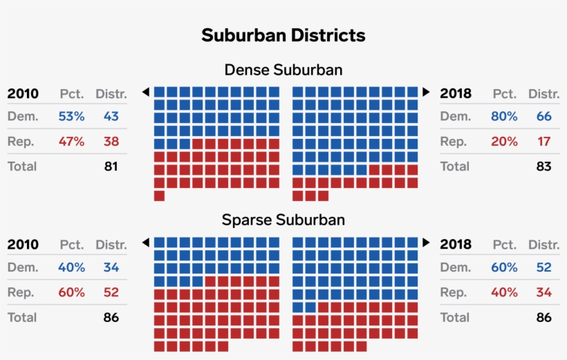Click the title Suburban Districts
click(x=283, y=35)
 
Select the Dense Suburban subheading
click(x=283, y=70)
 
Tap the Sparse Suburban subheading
click(x=283, y=220)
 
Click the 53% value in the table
click(x=71, y=116)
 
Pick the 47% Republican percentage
click(x=71, y=142)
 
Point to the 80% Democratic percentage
click(x=504, y=116)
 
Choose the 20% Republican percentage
click(x=504, y=142)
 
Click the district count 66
click(x=543, y=116)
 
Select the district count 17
click(x=543, y=142)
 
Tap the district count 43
click(x=111, y=116)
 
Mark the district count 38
click(x=111, y=142)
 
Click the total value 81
click(x=111, y=167)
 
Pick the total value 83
click(x=543, y=167)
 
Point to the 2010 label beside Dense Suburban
click(x=23, y=94)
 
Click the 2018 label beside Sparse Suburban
click(x=456, y=244)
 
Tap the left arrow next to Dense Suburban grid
click(x=146, y=92)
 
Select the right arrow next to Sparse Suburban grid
click(x=426, y=243)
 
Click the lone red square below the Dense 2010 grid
click(x=159, y=196)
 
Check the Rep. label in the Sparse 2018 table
click(x=454, y=292)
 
